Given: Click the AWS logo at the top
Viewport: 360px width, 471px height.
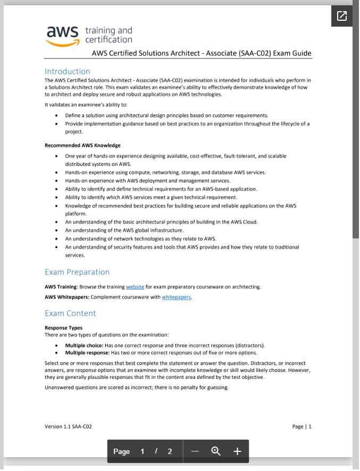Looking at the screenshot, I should click(x=63, y=35).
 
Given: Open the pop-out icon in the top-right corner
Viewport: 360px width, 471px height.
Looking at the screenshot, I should click(x=342, y=16).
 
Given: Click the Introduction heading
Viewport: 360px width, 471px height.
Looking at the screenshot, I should click(x=68, y=71).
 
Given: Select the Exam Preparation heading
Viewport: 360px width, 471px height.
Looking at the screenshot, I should click(x=77, y=272).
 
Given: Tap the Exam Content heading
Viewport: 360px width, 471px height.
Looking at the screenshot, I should click(x=70, y=313).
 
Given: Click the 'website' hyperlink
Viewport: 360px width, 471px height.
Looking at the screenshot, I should click(x=135, y=287).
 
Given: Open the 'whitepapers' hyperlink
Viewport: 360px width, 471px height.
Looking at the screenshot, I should click(x=177, y=297).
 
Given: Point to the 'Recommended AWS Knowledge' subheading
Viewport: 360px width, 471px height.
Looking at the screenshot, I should click(x=82, y=145).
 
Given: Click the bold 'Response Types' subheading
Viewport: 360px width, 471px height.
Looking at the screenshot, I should click(x=64, y=328).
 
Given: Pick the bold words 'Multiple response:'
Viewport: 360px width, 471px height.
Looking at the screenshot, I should click(x=87, y=352).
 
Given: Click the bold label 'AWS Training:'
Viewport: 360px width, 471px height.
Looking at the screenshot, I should click(x=61, y=287).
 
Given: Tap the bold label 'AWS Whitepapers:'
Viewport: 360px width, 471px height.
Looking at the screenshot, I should click(x=65, y=297).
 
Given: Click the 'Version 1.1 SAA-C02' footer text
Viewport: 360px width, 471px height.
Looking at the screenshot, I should click(x=68, y=426).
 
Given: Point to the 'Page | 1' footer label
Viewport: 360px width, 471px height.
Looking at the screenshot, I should click(x=302, y=426).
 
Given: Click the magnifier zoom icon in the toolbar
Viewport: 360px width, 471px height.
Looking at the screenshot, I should click(x=216, y=451).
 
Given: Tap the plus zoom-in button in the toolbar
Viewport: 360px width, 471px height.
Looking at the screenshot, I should click(x=237, y=451).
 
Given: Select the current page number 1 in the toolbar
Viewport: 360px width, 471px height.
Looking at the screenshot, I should click(x=143, y=451).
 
